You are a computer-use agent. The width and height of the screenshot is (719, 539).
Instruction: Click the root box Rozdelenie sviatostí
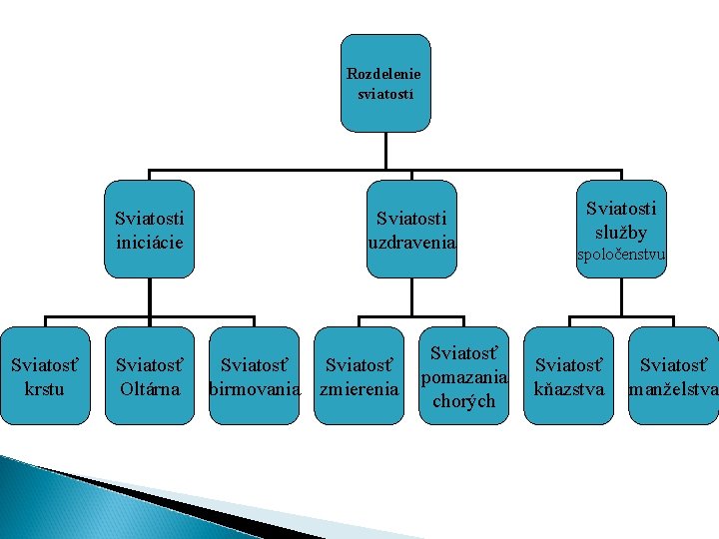[x=384, y=84]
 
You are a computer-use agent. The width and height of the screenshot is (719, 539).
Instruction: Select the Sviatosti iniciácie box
[x=150, y=229]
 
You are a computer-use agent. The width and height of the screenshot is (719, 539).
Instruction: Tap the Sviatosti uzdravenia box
[x=411, y=229]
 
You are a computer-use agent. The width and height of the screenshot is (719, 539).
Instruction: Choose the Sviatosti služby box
[x=621, y=229]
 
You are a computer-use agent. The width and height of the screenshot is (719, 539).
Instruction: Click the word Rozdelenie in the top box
[x=384, y=74]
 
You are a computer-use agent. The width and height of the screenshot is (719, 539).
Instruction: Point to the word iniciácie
[x=150, y=242]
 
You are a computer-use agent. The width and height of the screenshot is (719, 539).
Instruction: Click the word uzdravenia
[x=411, y=242]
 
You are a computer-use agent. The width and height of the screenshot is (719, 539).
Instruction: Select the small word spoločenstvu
[x=621, y=256]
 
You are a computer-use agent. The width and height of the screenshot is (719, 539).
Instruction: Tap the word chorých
[x=465, y=401]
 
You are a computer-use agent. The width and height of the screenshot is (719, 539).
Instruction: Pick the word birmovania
[x=254, y=388]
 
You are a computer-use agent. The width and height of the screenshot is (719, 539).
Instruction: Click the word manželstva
[x=674, y=388]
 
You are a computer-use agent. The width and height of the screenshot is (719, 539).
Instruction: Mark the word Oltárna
[x=149, y=388]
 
